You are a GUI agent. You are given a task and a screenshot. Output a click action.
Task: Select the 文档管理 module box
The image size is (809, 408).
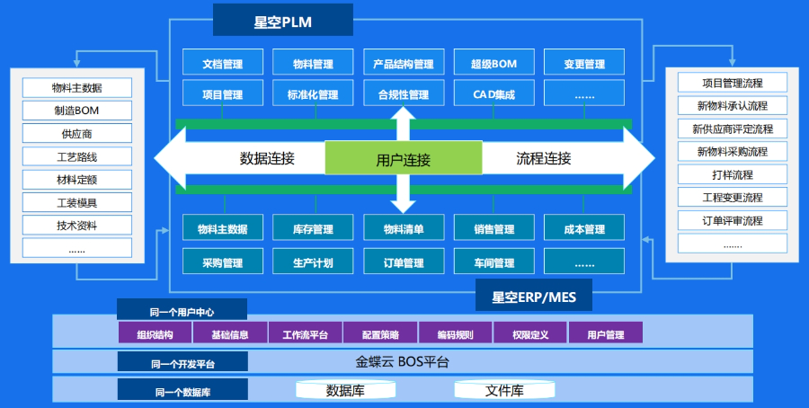click(223, 64)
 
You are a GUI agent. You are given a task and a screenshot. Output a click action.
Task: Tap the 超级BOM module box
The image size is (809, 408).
click(493, 64)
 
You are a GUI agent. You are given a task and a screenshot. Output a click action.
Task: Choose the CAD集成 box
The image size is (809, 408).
click(493, 93)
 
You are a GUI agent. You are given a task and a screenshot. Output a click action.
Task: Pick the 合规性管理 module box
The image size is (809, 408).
click(403, 93)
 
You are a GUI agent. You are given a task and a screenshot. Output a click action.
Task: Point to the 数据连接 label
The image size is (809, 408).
click(267, 159)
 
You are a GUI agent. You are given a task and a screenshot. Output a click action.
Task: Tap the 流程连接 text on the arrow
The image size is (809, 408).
click(543, 159)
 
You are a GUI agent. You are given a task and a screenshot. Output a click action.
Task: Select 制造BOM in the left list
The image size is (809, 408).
click(76, 111)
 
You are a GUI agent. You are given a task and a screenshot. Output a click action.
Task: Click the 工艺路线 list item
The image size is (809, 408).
click(76, 156)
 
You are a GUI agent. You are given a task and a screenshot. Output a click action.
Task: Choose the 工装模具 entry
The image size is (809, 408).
click(76, 201)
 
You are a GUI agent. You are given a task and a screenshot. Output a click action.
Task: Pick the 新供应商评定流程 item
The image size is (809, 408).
click(733, 129)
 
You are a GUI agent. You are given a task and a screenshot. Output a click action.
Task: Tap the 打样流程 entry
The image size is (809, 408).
click(733, 174)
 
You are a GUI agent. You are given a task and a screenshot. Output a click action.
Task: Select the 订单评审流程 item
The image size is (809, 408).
click(733, 220)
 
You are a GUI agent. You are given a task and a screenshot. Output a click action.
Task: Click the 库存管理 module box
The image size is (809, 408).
click(313, 229)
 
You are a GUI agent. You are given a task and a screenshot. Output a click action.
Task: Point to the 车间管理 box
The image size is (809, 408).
click(493, 262)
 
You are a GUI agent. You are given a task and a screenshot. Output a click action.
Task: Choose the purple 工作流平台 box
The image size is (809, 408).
click(305, 333)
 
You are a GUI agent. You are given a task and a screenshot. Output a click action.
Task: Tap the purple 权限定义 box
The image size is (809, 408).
click(529, 333)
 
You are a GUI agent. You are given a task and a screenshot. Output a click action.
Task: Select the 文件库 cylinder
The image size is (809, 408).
click(504, 390)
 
